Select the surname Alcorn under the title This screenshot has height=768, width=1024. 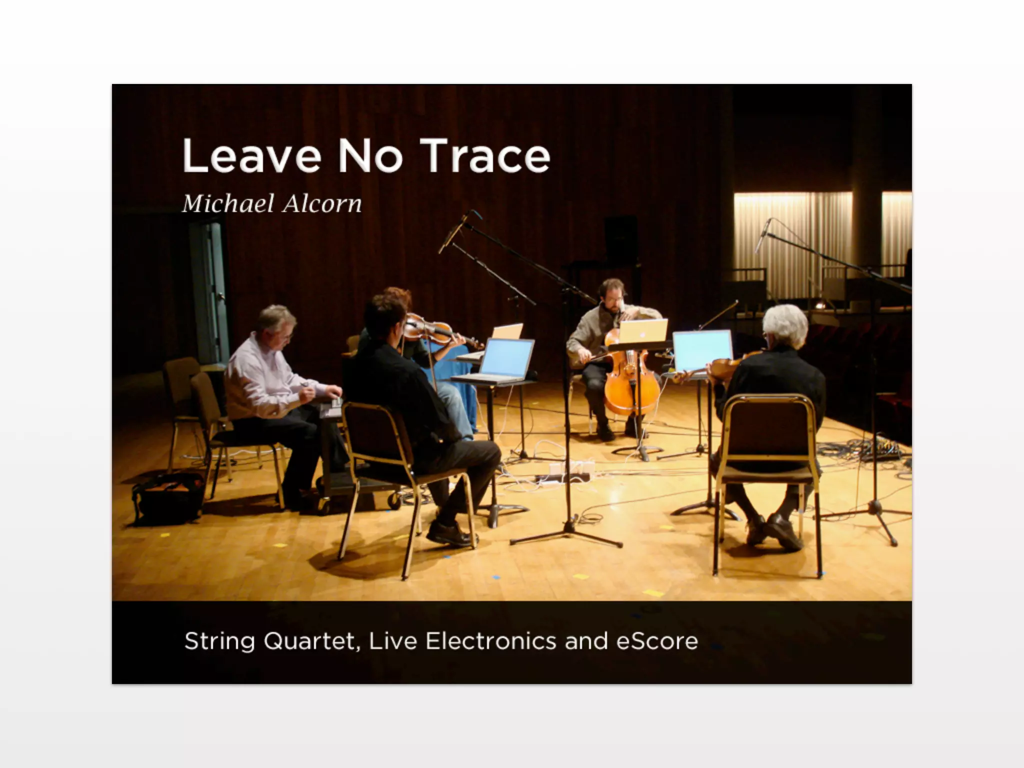click(322, 204)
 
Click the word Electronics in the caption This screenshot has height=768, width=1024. click(490, 641)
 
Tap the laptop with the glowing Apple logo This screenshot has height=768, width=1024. click(643, 330)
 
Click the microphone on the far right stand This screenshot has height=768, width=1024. click(762, 236)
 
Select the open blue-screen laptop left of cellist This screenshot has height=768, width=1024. click(505, 357)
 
